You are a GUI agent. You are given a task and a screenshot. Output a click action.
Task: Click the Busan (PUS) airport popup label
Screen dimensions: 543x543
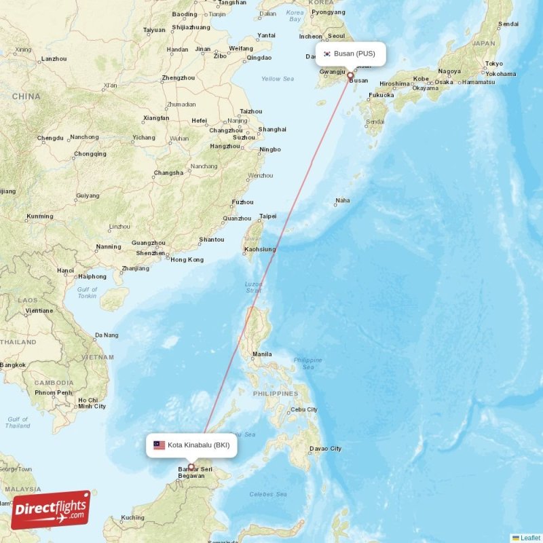(x=350, y=54)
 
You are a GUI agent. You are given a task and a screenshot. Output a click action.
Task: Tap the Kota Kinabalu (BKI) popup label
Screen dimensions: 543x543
(x=191, y=445)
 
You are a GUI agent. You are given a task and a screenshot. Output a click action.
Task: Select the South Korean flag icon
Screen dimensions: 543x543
(x=326, y=54)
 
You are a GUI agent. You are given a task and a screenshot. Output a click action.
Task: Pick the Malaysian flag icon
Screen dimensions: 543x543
(x=159, y=445)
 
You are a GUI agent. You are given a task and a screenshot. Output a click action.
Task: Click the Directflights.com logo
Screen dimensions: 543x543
(x=51, y=510)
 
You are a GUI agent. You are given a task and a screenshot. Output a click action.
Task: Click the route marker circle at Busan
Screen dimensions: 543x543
(x=350, y=76)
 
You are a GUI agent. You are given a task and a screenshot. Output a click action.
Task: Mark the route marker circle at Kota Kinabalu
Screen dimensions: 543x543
(x=191, y=467)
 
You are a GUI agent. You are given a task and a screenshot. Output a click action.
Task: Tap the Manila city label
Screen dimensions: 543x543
(x=262, y=354)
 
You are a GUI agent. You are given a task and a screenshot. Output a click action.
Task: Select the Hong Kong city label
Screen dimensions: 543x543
(x=187, y=259)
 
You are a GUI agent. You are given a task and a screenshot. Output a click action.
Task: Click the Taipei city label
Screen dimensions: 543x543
(x=268, y=217)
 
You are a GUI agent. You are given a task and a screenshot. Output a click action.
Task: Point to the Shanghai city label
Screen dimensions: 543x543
(x=272, y=129)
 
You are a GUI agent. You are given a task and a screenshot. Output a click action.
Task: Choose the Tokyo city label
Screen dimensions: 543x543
(x=494, y=63)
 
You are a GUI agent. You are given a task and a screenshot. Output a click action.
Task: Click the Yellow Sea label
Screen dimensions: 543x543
(x=278, y=79)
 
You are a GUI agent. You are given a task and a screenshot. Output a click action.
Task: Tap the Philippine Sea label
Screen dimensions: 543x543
(x=308, y=363)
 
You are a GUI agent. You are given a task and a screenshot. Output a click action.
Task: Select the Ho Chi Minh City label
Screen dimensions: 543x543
(x=92, y=403)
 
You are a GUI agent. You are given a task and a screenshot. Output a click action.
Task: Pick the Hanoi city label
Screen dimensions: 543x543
(x=66, y=270)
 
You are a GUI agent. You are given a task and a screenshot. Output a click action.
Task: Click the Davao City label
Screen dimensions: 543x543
(x=325, y=449)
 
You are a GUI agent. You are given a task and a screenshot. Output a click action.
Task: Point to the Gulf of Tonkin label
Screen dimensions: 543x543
(x=87, y=293)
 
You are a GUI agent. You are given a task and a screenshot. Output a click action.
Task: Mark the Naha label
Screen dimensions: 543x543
(x=343, y=200)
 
